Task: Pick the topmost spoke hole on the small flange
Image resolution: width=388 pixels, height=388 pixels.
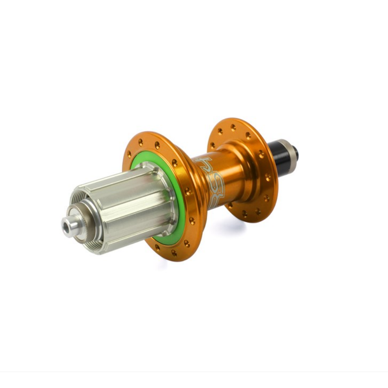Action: [x=233, y=127]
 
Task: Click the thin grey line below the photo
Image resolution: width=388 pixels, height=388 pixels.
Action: [x=194, y=372]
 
